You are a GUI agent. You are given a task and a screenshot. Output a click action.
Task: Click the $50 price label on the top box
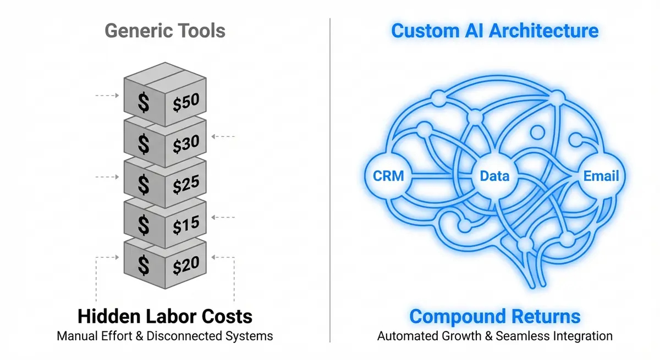click(x=186, y=102)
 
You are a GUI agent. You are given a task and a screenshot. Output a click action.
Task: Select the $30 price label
click(x=186, y=143)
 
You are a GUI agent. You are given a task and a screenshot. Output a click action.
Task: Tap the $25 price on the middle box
click(x=186, y=185)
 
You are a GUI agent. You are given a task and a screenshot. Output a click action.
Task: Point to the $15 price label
click(x=186, y=225)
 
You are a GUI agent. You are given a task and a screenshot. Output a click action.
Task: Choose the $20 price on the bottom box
click(x=186, y=265)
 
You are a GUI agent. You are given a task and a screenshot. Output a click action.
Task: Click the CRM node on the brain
click(x=388, y=176)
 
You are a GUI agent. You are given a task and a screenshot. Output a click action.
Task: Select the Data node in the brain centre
click(x=494, y=176)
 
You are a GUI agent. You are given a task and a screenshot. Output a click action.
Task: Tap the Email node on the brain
click(x=601, y=176)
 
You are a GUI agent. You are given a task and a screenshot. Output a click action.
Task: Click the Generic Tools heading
click(x=165, y=30)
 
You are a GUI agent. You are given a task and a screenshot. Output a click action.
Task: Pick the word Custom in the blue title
click(x=422, y=30)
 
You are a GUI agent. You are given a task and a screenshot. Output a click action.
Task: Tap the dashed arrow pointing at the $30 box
click(x=223, y=136)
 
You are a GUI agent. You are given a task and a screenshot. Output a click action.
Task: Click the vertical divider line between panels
click(x=330, y=181)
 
